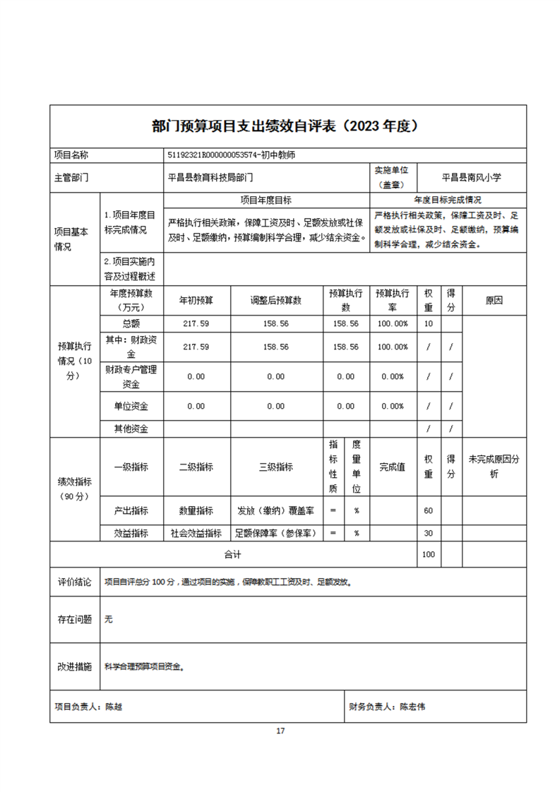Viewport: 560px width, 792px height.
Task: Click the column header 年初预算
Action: [x=196, y=300]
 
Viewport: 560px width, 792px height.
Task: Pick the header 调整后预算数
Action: [x=275, y=300]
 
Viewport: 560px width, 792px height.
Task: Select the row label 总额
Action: [x=131, y=323]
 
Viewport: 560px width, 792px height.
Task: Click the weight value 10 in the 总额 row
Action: [x=428, y=323]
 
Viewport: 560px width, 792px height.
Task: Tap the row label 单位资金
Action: [x=131, y=406]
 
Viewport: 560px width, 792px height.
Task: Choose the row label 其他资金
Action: [x=131, y=428]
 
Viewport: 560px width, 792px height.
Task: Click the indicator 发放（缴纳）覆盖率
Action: [x=276, y=510]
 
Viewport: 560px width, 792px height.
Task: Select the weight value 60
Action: [x=428, y=510]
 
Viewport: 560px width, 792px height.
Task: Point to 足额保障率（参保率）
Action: [x=276, y=533]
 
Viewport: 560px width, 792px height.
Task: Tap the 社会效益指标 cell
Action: [x=196, y=533]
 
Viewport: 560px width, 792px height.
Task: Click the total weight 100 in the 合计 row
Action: [x=428, y=555]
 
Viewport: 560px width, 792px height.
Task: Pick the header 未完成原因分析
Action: [x=494, y=467]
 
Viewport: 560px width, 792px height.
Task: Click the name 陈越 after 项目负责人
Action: [x=114, y=706]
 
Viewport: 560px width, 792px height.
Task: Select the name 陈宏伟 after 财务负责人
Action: [x=412, y=706]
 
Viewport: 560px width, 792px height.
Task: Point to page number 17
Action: [x=280, y=731]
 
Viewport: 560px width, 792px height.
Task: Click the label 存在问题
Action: [x=75, y=619]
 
